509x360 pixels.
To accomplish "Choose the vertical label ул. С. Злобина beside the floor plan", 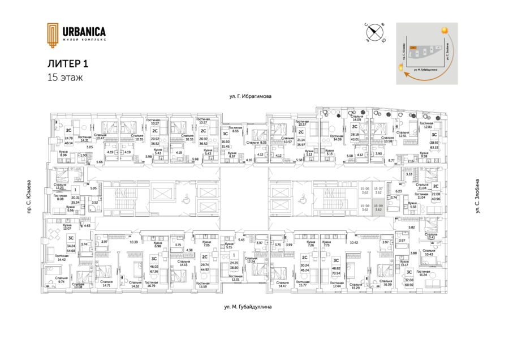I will pos(478,200).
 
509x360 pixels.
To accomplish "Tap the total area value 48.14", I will pos(69,144).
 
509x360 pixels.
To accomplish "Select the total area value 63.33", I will pos(434,147).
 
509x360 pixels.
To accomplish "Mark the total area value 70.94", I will pos(335,264).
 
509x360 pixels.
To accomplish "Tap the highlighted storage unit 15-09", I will pos(381,207).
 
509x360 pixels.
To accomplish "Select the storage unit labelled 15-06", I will pos(365,191).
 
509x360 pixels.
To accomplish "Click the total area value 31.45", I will pos(225,147).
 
